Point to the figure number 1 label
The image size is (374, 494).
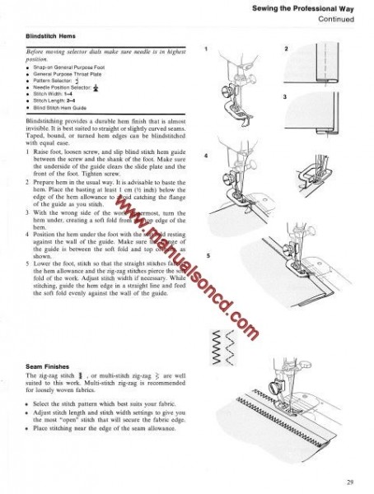pyautogui.click(x=208, y=49)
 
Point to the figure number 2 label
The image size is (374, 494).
pyautogui.click(x=285, y=49)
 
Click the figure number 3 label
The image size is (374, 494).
pyautogui.click(x=285, y=97)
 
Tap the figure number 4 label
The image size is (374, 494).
pyautogui.click(x=208, y=154)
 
